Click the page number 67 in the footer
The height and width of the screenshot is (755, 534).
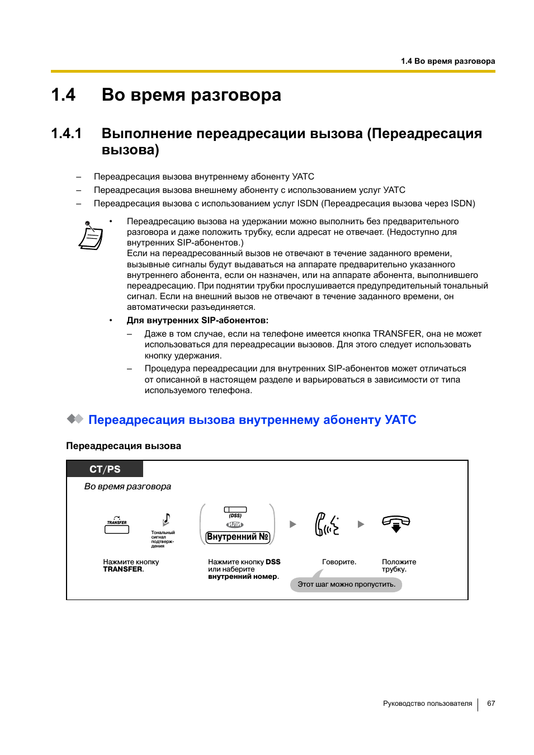490,704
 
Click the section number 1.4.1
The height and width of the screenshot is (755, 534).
66,134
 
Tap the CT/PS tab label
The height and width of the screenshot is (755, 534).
105,469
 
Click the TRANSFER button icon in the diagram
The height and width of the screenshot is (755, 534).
117,527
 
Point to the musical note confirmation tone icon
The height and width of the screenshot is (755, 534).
166,520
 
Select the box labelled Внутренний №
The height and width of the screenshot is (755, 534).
238,537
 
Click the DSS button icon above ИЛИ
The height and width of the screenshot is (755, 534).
235,510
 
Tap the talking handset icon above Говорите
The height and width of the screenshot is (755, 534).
327,525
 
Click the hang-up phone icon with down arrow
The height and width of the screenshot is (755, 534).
396,523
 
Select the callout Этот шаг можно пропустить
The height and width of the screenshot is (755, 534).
346,584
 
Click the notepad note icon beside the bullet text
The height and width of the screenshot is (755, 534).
91,235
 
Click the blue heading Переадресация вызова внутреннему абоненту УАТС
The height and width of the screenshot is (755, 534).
252,420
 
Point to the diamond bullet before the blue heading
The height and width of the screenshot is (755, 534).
75,419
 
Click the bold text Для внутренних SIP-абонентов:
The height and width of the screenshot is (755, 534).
197,320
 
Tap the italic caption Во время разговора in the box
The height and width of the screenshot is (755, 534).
127,487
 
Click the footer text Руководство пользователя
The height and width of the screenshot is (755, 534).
427,704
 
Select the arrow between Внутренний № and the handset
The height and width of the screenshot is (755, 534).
292,525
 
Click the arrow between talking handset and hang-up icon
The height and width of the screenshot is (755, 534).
361,525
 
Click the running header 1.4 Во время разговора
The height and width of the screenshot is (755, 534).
447,61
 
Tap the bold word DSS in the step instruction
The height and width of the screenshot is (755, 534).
273,562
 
